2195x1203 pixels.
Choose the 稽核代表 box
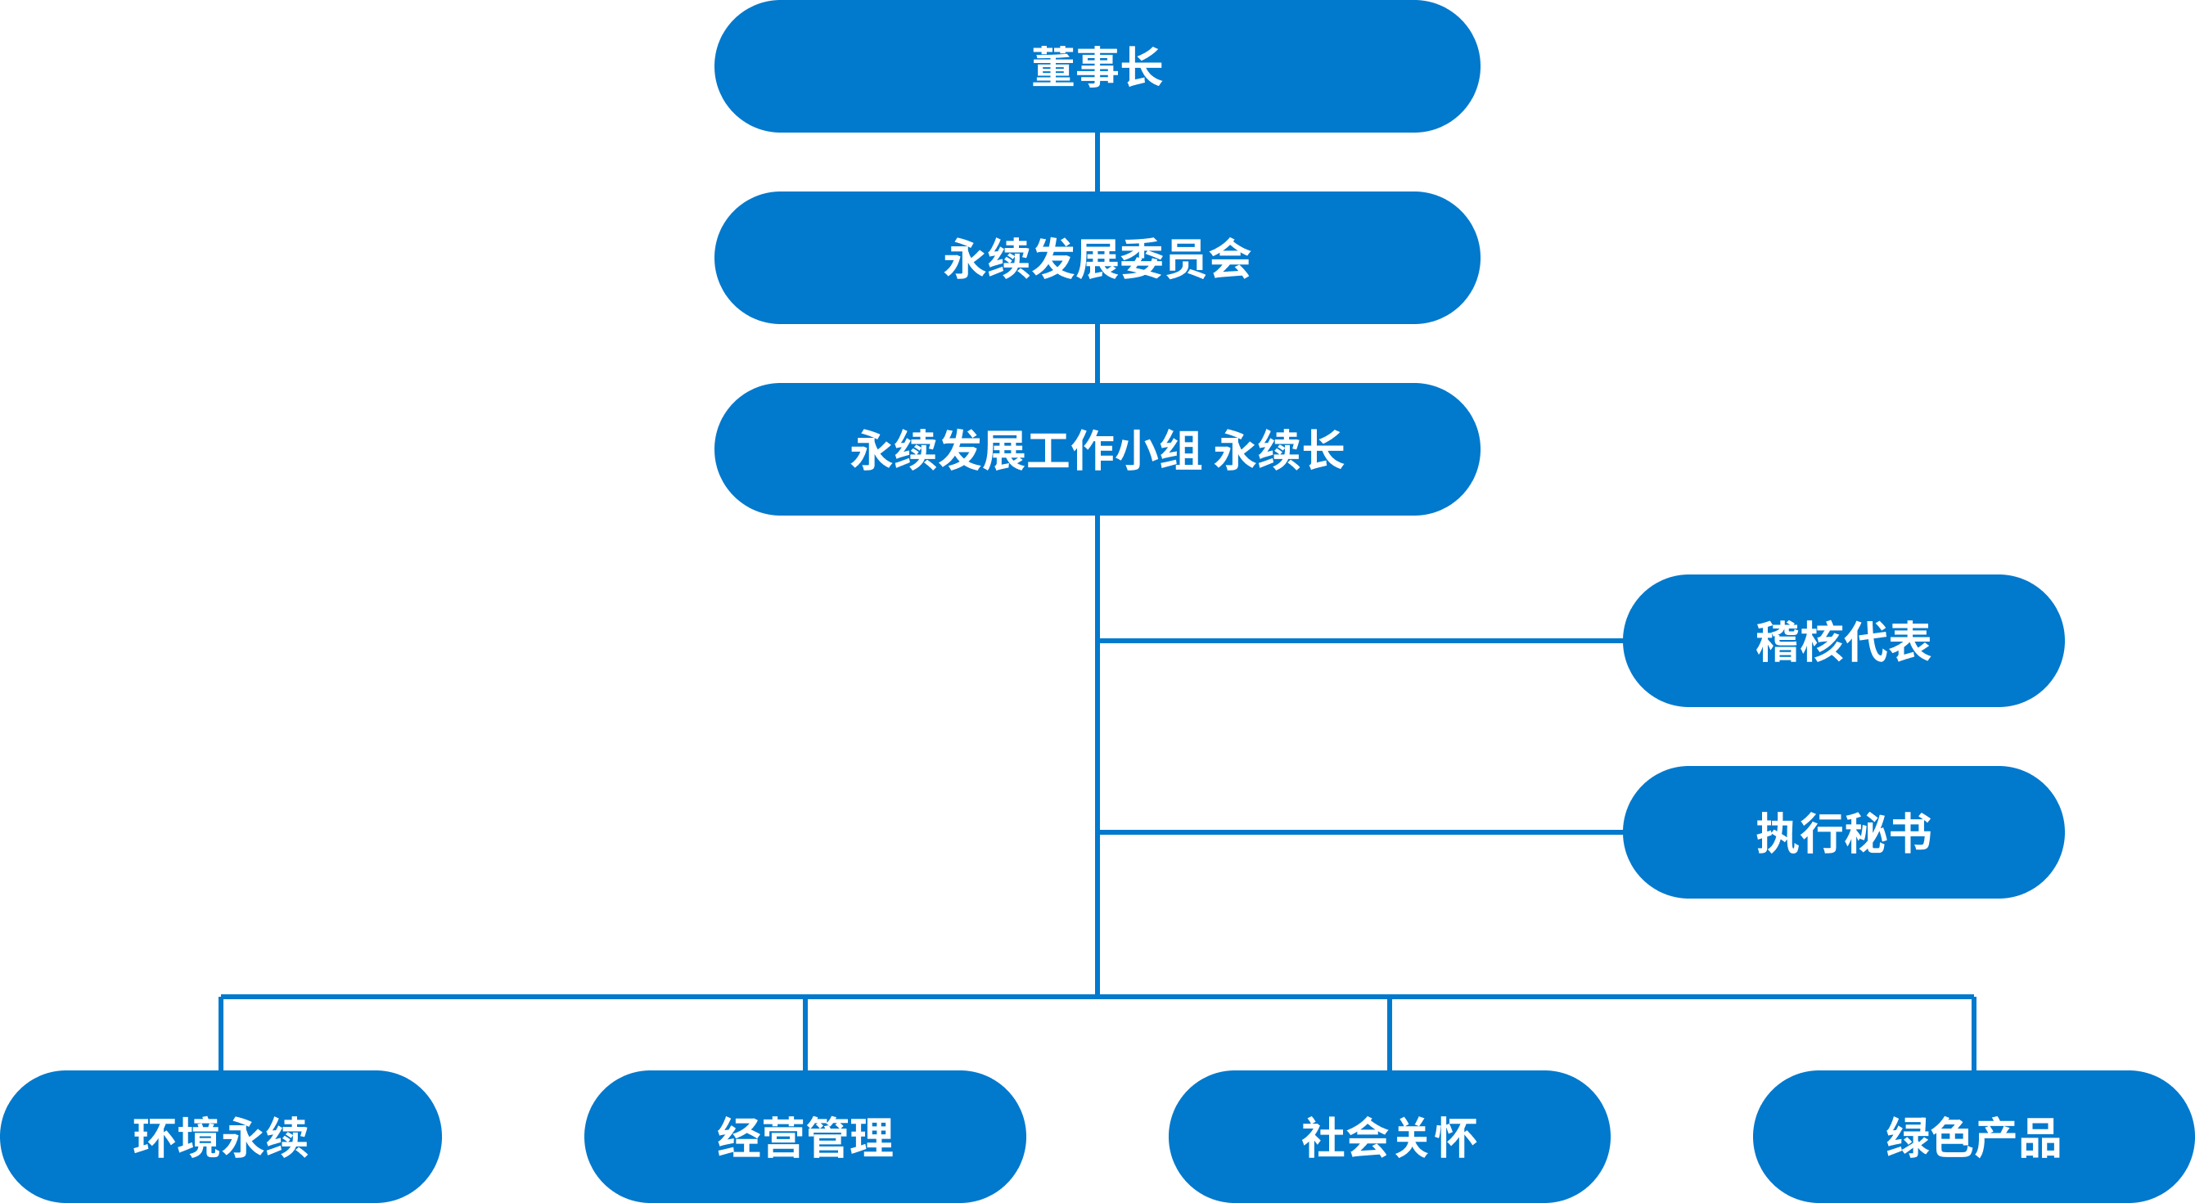pyautogui.click(x=1843, y=641)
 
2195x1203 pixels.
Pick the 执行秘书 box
pyautogui.click(x=1843, y=832)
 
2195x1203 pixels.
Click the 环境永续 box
pyautogui.click(x=221, y=1137)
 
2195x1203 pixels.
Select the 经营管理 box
pyautogui.click(x=805, y=1137)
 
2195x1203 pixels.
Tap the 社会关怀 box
pyautogui.click(x=1389, y=1137)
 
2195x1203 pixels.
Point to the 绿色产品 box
pyautogui.click(x=1973, y=1137)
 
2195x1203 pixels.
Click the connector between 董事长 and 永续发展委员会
pyautogui.click(x=1097, y=162)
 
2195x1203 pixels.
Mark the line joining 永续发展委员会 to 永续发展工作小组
pyautogui.click(x=1097, y=354)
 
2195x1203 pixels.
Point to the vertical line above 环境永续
pyautogui.click(x=221, y=1034)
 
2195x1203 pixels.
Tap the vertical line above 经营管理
pyautogui.click(x=805, y=1034)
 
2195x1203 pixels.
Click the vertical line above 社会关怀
pyautogui.click(x=1389, y=1034)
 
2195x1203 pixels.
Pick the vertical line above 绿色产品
pyautogui.click(x=1973, y=1034)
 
